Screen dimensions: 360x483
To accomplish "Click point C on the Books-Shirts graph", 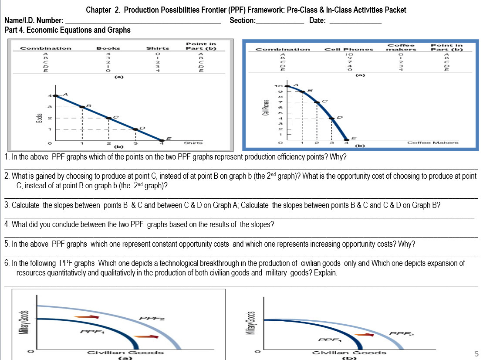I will pos(109,118).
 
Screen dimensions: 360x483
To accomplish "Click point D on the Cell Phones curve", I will pos(332,118).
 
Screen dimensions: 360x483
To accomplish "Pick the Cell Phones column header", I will pos(349,49).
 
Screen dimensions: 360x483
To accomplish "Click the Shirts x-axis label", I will pos(193,143).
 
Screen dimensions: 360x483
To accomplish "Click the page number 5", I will pos(476,353).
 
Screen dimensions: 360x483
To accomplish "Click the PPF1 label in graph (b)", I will pos(329,340).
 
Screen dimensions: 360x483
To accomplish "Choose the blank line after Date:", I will pos(355,23).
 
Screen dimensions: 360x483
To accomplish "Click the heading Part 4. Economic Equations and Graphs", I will pos(67,30).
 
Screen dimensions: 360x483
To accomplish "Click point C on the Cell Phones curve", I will pos(317,102).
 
